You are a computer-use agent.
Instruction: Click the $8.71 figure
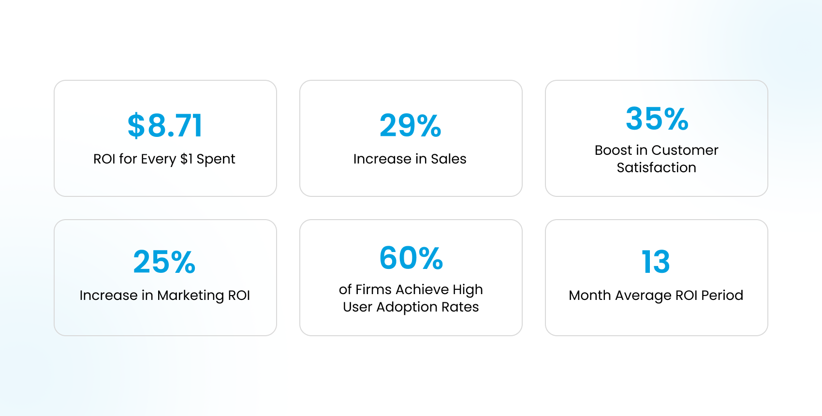pos(165,126)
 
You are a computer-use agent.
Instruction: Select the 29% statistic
pos(411,126)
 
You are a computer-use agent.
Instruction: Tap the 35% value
pos(657,119)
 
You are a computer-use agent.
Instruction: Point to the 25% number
pos(164,262)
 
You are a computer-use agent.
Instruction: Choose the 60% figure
pos(411,258)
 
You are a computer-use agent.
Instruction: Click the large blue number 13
pos(656,262)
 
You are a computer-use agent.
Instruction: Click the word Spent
pos(216,159)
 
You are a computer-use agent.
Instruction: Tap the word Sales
pos(448,159)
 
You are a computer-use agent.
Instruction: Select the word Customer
pos(685,150)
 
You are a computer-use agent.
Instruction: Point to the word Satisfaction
pos(656,168)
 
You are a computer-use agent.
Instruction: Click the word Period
pos(722,296)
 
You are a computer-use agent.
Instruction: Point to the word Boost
pos(613,150)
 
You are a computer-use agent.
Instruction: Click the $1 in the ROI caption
pos(186,159)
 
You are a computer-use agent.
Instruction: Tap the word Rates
pos(460,307)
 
